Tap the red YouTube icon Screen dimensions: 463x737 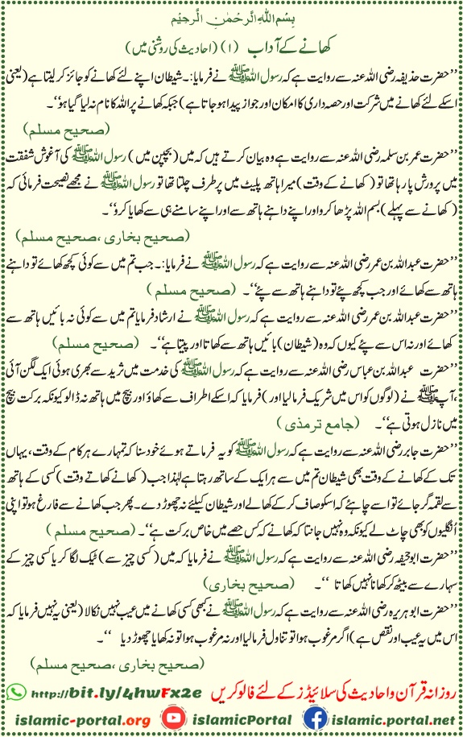pos(172,718)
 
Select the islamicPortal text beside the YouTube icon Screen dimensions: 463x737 pos(228,718)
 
